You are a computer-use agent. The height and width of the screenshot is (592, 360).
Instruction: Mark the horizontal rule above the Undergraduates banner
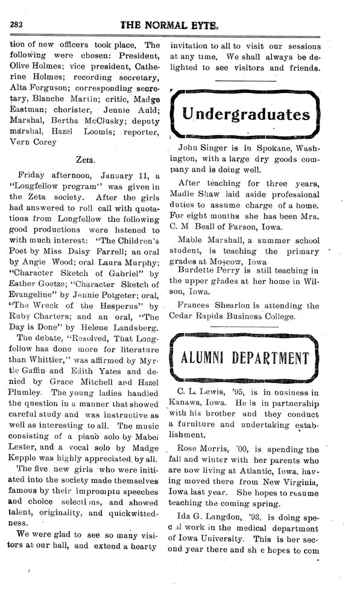click(245, 80)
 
